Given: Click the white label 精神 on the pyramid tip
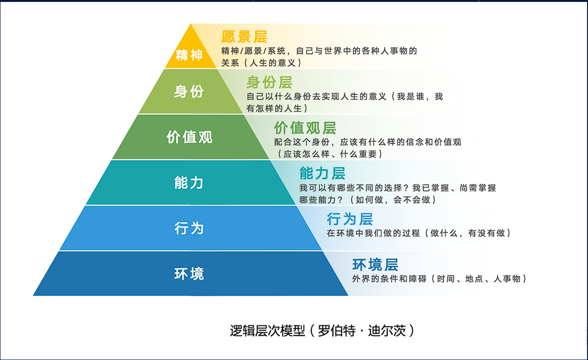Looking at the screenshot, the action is [189, 55].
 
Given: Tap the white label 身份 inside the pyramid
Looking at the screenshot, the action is [189, 92].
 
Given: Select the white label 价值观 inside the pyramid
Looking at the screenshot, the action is [189, 137].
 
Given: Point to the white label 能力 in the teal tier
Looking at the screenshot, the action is [189, 183].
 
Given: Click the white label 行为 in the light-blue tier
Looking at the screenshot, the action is [189, 228].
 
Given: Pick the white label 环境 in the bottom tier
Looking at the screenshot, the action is [189, 274].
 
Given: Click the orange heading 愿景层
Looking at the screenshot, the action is [244, 37].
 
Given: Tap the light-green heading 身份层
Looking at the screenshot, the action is [269, 83].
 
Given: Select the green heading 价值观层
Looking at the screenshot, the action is [305, 128].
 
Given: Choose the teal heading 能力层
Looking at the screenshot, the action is [322, 174].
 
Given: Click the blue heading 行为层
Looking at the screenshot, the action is [350, 219].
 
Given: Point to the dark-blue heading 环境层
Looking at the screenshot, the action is [375, 265].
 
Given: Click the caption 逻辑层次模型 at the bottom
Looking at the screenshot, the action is [268, 331].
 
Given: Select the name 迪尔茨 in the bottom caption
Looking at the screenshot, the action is [387, 331].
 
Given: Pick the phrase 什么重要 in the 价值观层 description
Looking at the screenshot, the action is [358, 154].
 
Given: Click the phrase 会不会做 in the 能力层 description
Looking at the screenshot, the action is [412, 200].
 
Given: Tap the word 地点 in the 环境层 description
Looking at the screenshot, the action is [474, 279].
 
